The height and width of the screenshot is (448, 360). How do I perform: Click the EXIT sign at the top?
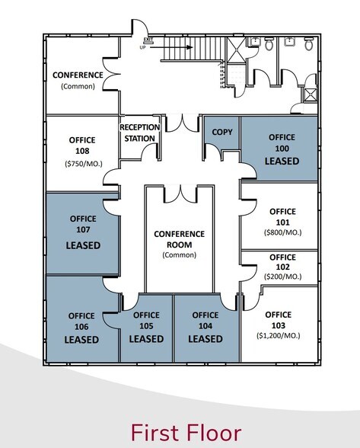[147, 39]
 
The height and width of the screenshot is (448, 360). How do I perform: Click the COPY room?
[221, 132]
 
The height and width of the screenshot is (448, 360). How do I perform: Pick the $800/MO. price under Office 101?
[279, 232]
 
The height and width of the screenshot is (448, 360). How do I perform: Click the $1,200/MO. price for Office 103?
[278, 334]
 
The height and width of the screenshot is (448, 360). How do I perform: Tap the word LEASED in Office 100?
[282, 162]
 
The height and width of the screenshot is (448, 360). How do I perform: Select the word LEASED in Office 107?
[83, 245]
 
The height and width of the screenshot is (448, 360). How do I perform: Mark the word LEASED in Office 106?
[81, 339]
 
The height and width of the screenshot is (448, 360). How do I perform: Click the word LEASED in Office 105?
[145, 338]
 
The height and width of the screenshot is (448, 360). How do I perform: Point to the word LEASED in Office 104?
[205, 338]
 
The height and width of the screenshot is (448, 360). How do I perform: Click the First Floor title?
[186, 432]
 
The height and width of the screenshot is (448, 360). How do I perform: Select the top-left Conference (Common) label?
[77, 80]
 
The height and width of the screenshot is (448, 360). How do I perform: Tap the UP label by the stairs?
[142, 48]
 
